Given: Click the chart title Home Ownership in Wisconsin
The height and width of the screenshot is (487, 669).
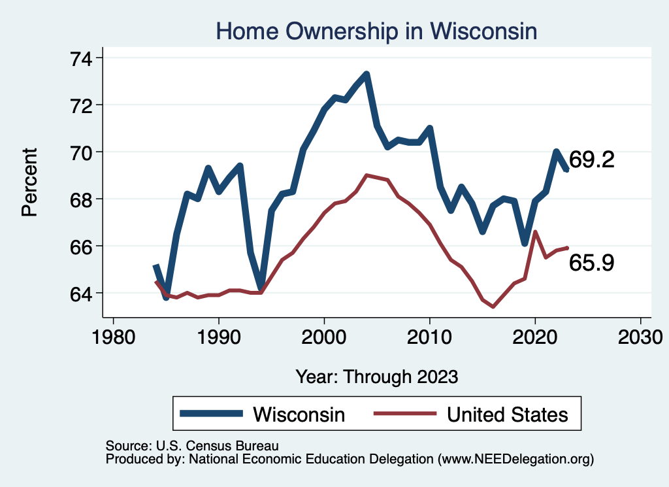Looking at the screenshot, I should (x=376, y=31).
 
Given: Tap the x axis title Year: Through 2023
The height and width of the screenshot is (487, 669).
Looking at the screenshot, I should (x=376, y=377).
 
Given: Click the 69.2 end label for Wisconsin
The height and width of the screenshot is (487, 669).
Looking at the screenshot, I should (x=591, y=160).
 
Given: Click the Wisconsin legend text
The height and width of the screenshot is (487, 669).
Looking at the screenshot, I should (x=299, y=414).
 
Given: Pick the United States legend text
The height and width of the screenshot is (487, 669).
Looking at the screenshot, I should (x=507, y=414).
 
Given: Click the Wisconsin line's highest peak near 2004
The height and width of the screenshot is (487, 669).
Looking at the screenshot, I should (x=367, y=74).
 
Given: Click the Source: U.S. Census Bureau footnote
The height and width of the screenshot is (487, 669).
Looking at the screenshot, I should (x=192, y=446).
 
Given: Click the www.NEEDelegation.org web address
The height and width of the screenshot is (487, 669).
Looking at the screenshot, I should (x=515, y=460).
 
